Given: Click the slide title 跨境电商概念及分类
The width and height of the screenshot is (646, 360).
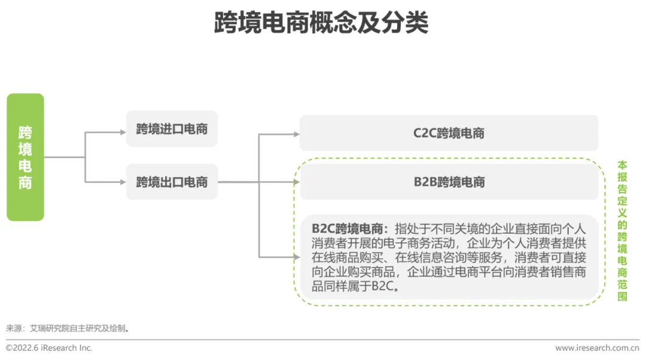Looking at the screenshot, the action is coord(322,23).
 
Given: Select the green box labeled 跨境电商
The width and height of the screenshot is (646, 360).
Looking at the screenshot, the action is coord(25,157).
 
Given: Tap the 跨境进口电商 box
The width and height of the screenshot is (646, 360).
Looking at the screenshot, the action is coord(172,129).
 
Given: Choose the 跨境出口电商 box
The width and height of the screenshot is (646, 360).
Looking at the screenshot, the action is coord(172,182).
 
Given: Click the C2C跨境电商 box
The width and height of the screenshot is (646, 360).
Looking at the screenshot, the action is coord(449,133).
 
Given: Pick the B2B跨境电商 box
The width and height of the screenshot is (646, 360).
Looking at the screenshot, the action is coord(449,182).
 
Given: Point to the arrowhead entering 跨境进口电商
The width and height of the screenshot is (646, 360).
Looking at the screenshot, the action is coord(123,132).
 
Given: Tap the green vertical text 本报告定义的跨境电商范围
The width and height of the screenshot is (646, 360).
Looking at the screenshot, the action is coord(622,230).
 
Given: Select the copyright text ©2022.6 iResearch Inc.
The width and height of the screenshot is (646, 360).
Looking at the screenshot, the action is coord(49,347).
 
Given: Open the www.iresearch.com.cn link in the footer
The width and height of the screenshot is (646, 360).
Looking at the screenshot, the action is coord(596,347).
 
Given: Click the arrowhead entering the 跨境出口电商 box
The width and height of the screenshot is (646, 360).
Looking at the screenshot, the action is coord(123,182).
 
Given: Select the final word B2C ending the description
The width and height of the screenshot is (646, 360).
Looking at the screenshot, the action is coord(383,286).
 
